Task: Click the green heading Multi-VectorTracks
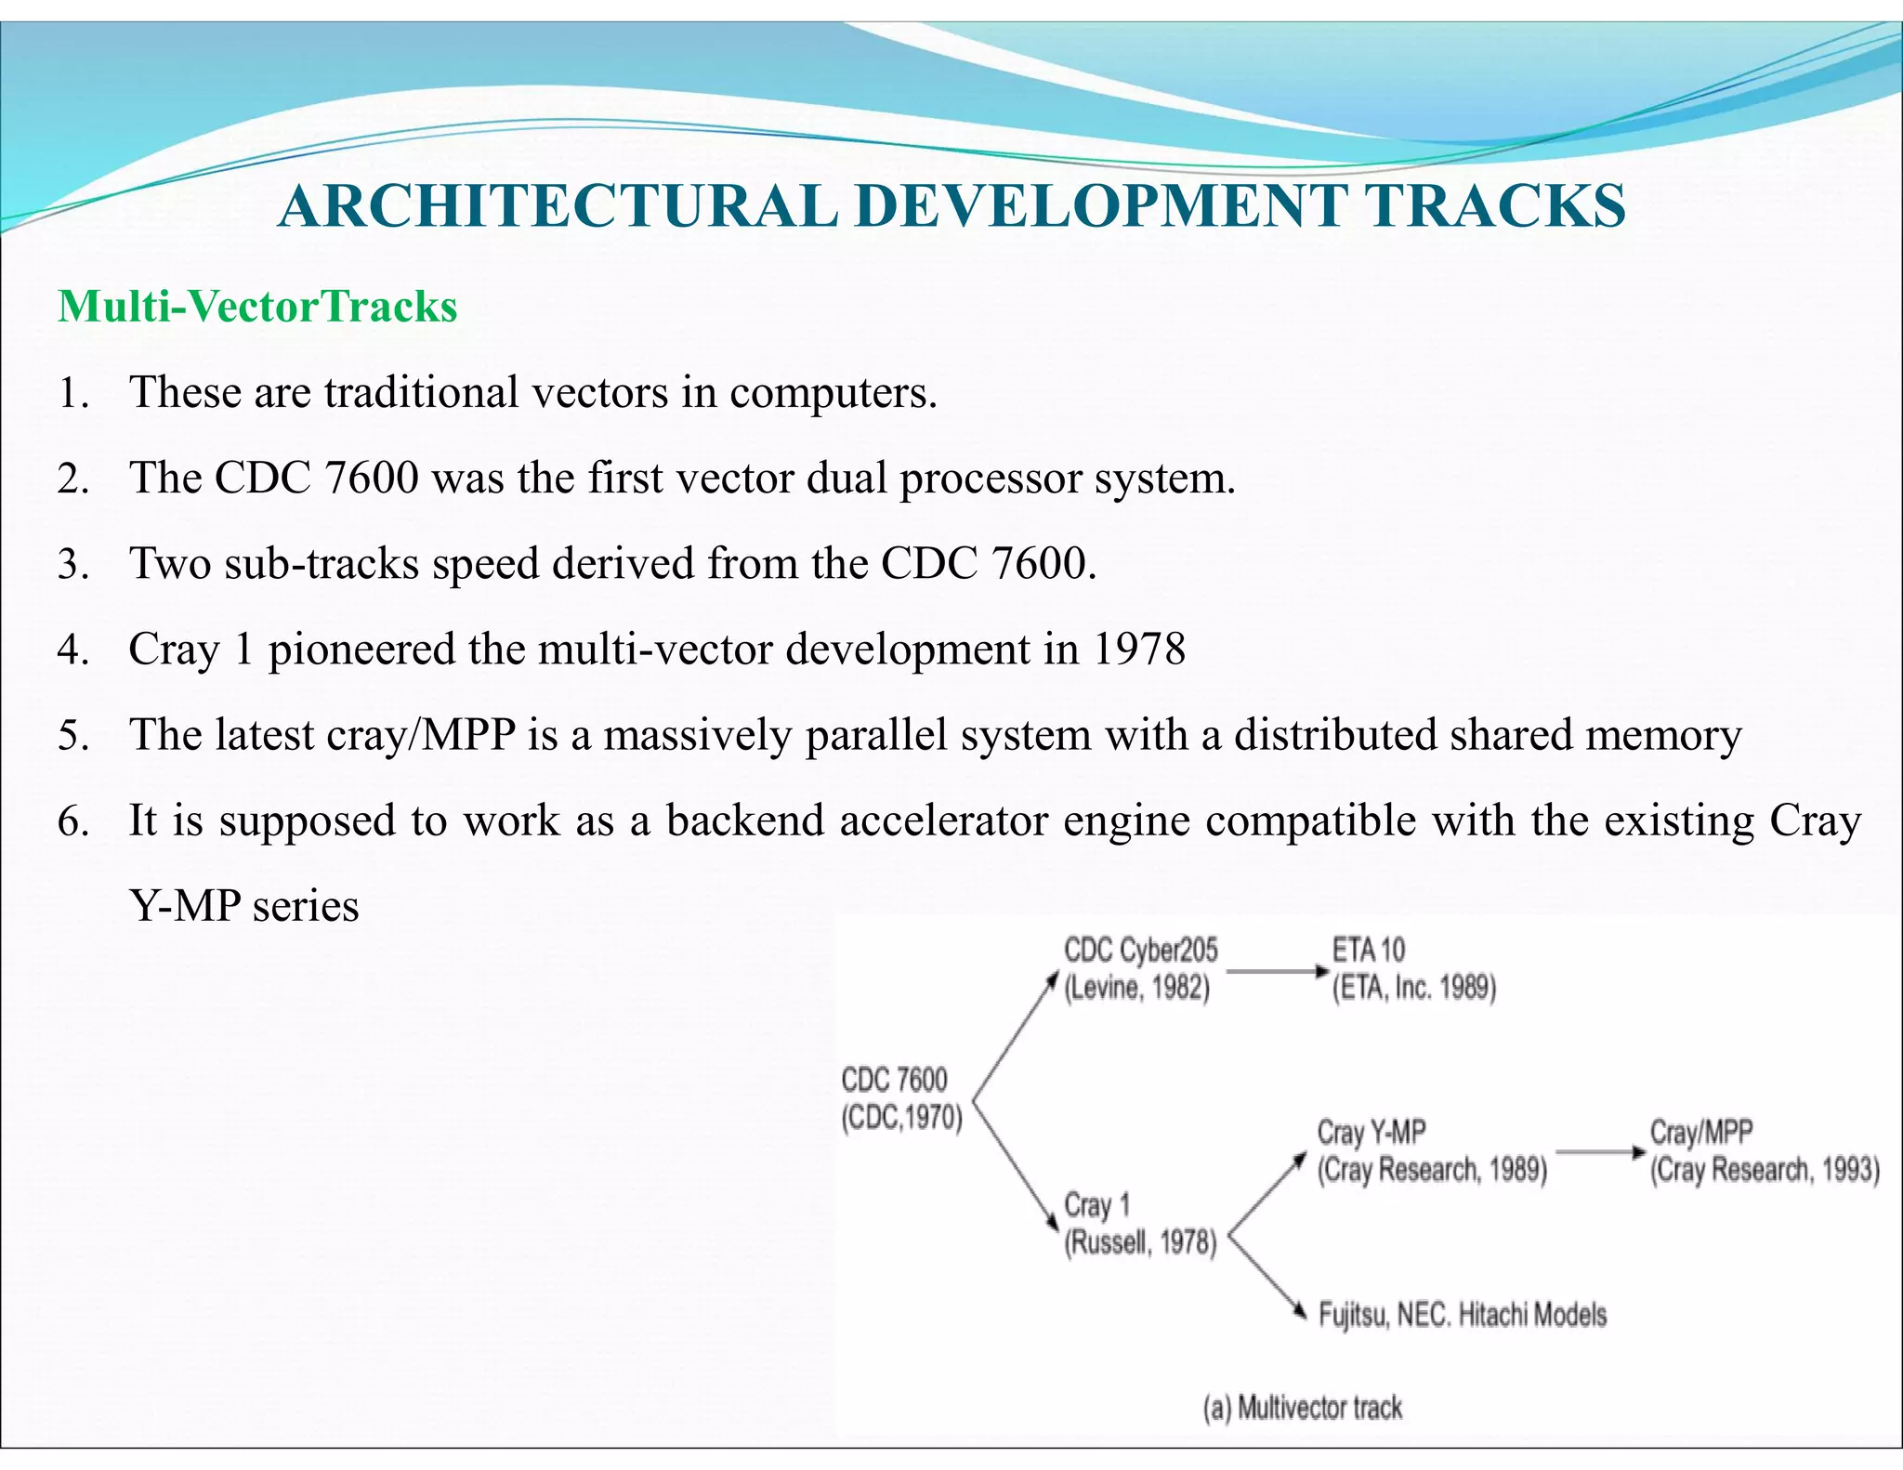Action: click(257, 307)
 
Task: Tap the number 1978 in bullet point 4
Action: click(1139, 649)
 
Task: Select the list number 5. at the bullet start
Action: click(72, 735)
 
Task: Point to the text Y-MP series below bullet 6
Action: click(244, 906)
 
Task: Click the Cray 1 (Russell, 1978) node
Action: click(1139, 1224)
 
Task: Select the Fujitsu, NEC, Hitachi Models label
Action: click(1462, 1315)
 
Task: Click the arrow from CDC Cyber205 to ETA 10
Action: click(1278, 972)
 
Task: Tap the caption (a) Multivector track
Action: click(1302, 1409)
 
